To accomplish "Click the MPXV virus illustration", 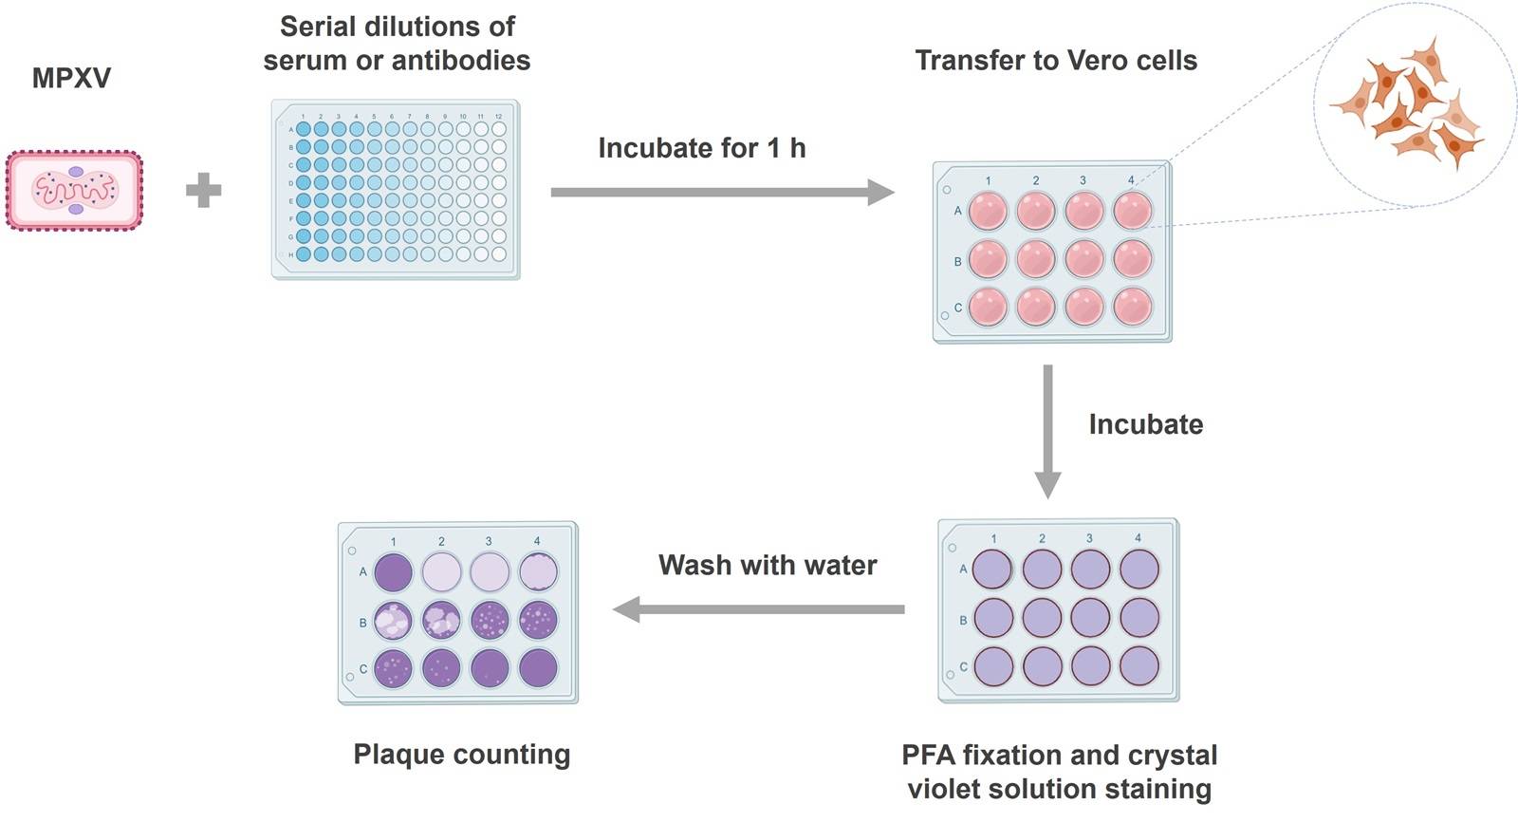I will pyautogui.click(x=74, y=191).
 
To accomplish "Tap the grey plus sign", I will pyautogui.click(x=203, y=191).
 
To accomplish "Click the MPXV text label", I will pyautogui.click(x=71, y=78).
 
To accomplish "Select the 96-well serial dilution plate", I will pyautogui.click(x=396, y=190).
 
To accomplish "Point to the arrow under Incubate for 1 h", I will pyautogui.click(x=721, y=193).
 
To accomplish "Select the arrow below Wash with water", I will pyautogui.click(x=759, y=608).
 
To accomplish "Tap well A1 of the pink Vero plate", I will pyautogui.click(x=988, y=211).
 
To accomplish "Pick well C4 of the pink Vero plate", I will pyautogui.click(x=1132, y=307).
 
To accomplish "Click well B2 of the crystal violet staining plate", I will pyautogui.click(x=1042, y=618).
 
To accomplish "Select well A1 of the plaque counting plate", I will pyautogui.click(x=393, y=572).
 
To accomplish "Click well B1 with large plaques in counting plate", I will pyautogui.click(x=393, y=621).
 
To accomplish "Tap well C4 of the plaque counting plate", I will pyautogui.click(x=538, y=668).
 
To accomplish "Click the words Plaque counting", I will pyautogui.click(x=462, y=755).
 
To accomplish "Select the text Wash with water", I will pyautogui.click(x=768, y=566).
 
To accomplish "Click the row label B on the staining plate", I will pyautogui.click(x=963, y=620).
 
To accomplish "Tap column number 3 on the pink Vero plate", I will pyautogui.click(x=1083, y=180).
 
